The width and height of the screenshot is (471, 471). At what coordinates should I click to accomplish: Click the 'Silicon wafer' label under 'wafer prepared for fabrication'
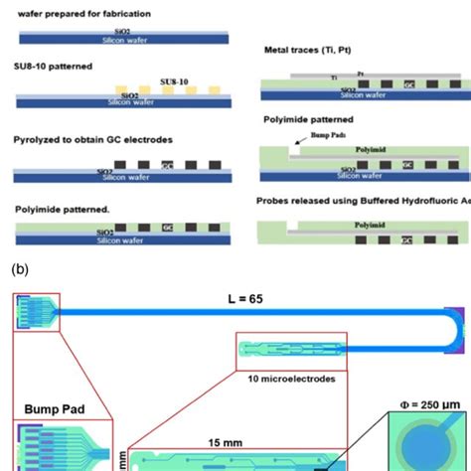[x=120, y=41]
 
